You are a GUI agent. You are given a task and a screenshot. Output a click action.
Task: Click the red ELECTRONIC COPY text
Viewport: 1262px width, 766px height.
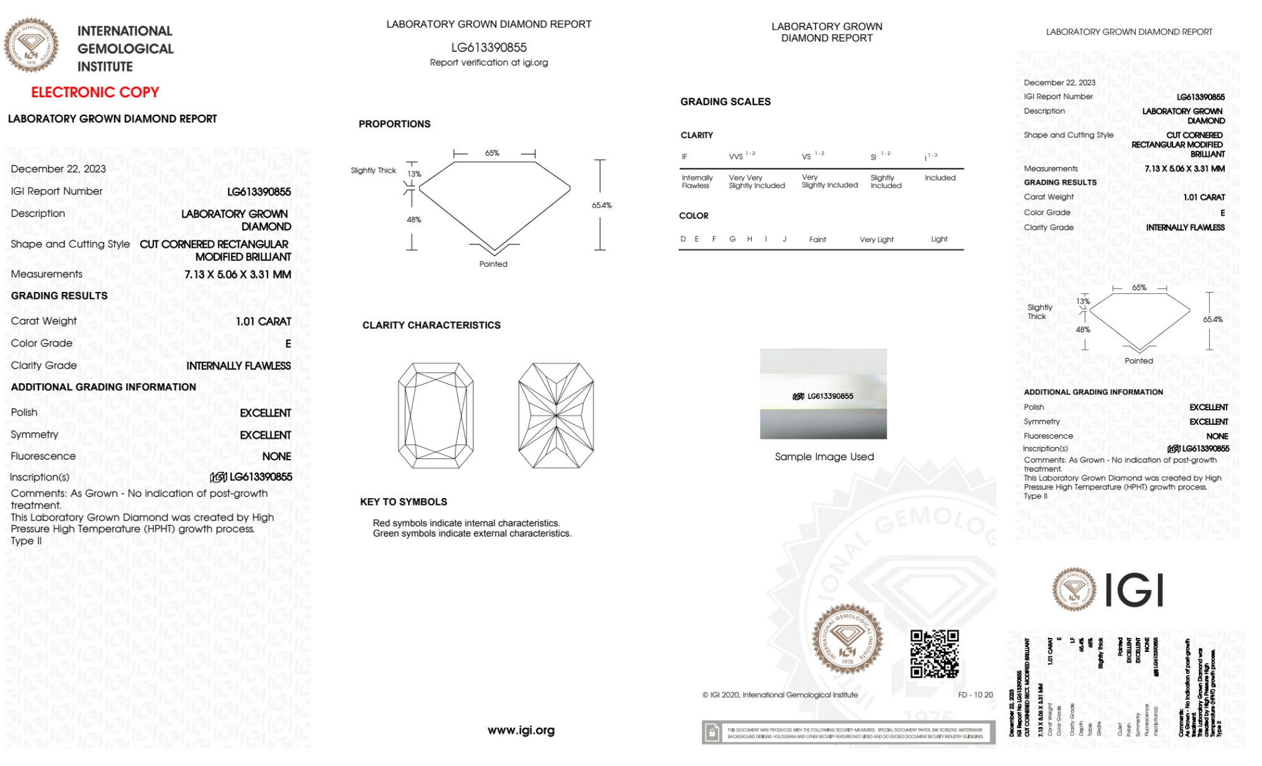(x=95, y=92)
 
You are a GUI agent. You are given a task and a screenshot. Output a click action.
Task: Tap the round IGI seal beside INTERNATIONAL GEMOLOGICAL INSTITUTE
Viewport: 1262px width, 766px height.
(x=31, y=45)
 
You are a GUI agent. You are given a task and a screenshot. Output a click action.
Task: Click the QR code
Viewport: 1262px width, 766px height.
(x=934, y=654)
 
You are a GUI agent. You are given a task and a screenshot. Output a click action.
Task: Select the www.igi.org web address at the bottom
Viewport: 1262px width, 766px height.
(x=521, y=730)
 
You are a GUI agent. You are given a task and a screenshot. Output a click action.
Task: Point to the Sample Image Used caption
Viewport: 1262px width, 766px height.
(x=824, y=456)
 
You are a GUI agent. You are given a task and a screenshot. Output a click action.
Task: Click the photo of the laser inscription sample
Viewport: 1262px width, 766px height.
(x=823, y=394)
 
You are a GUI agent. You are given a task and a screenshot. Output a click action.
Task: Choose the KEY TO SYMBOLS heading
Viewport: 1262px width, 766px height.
(x=404, y=502)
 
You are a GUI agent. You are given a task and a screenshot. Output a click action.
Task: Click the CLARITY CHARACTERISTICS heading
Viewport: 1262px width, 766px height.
(x=431, y=325)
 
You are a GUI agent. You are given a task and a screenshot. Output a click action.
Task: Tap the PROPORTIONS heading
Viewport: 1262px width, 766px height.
(x=395, y=124)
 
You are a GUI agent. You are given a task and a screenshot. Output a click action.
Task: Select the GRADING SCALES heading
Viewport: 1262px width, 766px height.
(x=725, y=102)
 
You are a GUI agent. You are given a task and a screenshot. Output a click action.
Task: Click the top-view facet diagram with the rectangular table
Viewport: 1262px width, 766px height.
(x=436, y=415)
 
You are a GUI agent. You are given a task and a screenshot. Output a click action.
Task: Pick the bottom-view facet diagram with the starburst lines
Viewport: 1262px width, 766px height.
(x=556, y=415)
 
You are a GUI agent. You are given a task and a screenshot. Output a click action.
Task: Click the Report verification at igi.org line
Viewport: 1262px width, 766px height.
(x=489, y=62)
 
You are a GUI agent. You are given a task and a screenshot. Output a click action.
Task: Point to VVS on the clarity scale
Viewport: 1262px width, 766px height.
(x=736, y=157)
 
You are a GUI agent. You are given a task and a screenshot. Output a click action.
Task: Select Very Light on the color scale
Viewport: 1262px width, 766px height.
(x=877, y=240)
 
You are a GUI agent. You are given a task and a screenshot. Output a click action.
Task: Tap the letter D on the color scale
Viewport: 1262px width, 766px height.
(x=683, y=239)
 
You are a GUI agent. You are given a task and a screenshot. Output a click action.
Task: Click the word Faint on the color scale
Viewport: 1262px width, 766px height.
(x=817, y=240)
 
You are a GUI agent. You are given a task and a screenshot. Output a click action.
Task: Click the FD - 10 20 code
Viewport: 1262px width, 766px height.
(x=975, y=695)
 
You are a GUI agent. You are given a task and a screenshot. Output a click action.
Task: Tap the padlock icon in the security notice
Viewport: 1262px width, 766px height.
(x=712, y=733)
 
